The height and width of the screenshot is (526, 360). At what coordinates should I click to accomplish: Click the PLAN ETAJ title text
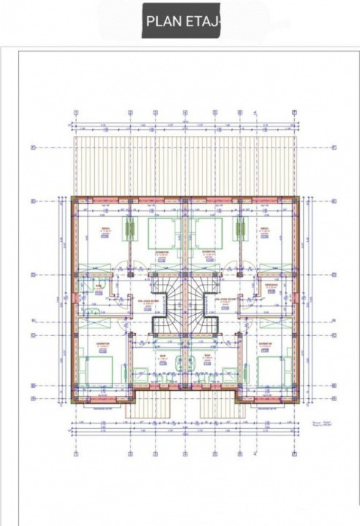tap(182, 22)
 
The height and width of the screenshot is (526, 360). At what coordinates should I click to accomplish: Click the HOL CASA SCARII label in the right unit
tap(227, 300)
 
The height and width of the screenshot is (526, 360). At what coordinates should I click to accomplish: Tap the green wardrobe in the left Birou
tap(131, 231)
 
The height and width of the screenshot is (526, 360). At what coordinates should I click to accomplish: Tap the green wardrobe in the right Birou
tap(239, 231)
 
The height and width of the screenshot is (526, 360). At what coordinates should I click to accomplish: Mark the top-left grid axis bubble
tap(76, 113)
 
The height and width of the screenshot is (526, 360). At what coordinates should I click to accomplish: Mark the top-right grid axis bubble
tap(295, 113)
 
